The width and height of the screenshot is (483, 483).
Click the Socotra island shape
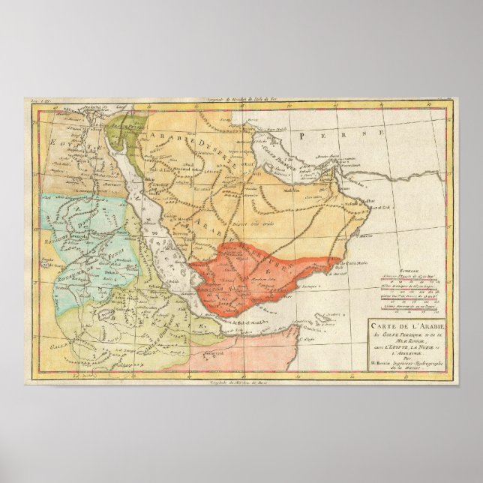[324, 320]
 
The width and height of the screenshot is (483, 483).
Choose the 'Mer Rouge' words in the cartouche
[414, 341]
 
